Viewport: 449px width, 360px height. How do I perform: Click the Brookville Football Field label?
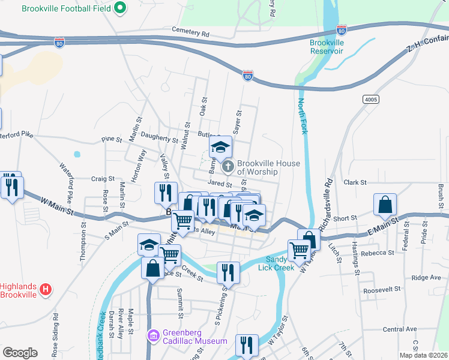click(x=65, y=9)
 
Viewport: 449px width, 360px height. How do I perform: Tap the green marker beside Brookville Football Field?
click(x=120, y=8)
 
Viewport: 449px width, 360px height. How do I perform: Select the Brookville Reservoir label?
click(x=327, y=47)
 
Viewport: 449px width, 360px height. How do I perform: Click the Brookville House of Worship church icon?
click(x=228, y=165)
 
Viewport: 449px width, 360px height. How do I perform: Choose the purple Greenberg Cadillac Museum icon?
click(x=154, y=335)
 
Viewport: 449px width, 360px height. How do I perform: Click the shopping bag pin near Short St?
click(x=385, y=205)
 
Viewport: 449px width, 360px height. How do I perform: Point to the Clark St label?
click(x=355, y=182)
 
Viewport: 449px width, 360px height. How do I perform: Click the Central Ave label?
click(x=400, y=329)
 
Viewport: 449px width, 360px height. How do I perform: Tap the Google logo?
click(x=20, y=352)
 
